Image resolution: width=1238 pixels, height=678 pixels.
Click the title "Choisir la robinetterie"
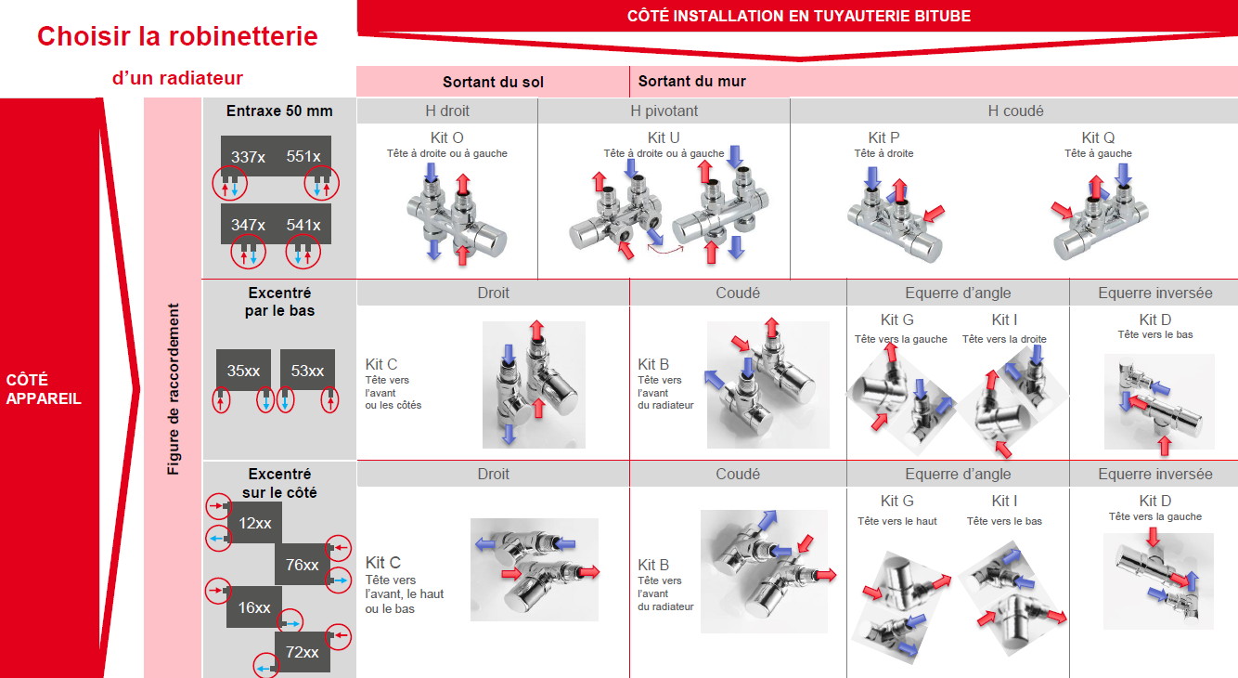177,36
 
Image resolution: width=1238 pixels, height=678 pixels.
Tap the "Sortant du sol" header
493,82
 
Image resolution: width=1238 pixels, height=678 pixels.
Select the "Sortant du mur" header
692,82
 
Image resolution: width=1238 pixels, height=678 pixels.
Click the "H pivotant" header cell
664,111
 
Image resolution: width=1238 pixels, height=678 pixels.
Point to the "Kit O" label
446,137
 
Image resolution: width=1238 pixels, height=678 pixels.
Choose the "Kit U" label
664,137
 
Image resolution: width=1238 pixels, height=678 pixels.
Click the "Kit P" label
883,137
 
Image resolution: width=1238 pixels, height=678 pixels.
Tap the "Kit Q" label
1098,137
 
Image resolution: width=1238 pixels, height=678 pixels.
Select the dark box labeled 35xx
243,370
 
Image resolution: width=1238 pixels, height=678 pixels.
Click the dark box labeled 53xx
307,370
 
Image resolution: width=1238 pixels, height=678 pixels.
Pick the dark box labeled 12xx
254,523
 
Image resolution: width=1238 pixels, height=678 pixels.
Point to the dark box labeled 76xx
302,564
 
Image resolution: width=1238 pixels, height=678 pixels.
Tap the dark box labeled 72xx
302,652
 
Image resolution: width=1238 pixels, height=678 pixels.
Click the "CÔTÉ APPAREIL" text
43,389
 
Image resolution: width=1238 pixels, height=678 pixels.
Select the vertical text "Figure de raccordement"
174,389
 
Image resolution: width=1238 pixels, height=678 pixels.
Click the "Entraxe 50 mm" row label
279,111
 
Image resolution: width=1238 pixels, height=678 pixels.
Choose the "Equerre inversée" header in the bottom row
1155,474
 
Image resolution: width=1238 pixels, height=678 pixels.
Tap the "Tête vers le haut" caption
897,521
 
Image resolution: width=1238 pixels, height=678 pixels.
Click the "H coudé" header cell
1015,111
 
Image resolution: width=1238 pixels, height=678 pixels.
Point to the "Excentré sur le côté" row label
279,483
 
